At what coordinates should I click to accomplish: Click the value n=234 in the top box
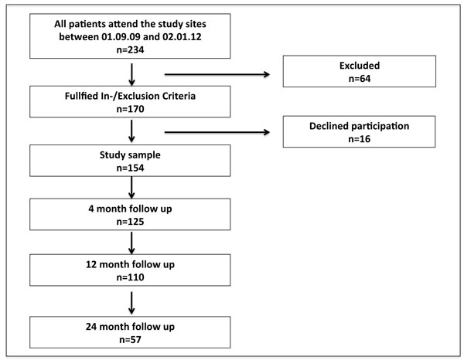tap(130, 49)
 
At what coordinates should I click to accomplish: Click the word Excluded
tap(360, 66)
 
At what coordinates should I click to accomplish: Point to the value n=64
tap(360, 79)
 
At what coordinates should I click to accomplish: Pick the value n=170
tap(130, 109)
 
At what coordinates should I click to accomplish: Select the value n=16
tap(360, 139)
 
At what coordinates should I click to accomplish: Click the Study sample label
tap(130, 155)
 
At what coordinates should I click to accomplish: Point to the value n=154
tap(130, 168)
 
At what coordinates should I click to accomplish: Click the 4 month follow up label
tap(130, 209)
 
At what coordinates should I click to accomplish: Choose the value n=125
tap(130, 222)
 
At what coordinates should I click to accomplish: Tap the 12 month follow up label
tap(130, 264)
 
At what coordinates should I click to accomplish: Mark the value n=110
tap(130, 277)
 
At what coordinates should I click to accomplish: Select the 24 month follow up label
tap(130, 327)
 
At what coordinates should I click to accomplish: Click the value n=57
tap(130, 340)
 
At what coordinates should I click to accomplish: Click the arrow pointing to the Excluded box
tap(217, 74)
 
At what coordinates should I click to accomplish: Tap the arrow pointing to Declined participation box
tap(217, 132)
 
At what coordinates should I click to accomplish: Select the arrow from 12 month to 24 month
tap(131, 303)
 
